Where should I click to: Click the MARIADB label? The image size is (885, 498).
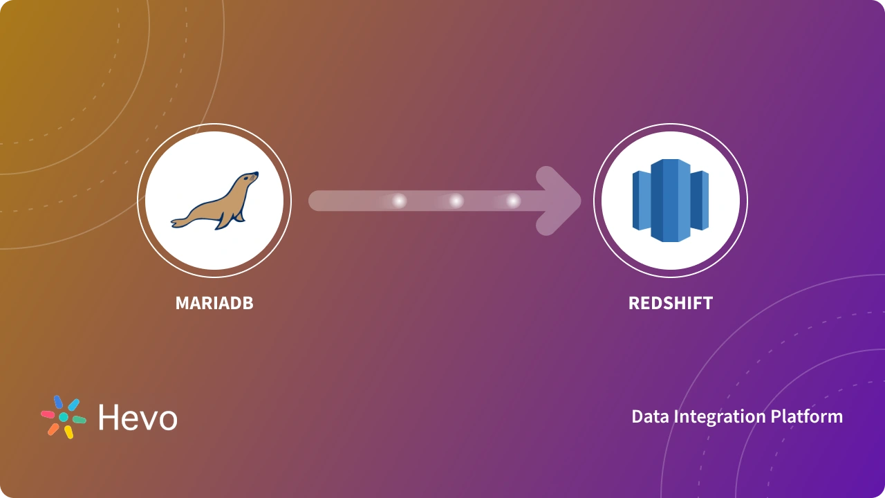point(214,303)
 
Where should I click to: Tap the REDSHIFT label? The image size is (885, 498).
point(670,303)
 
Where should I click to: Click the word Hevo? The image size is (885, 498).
point(138,418)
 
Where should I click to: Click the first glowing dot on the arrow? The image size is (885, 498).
point(399,201)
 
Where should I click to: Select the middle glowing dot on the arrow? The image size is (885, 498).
point(456,201)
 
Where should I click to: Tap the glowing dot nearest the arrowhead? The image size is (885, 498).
point(512,201)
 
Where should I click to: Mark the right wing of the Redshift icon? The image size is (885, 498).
point(700,201)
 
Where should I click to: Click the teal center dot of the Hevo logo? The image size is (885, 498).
point(64,417)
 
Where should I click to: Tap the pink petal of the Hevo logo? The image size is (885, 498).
point(48,414)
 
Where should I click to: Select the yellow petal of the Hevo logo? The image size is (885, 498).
point(68,432)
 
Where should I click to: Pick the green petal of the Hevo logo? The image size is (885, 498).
point(80,419)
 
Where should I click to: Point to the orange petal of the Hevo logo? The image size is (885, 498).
point(53,429)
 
